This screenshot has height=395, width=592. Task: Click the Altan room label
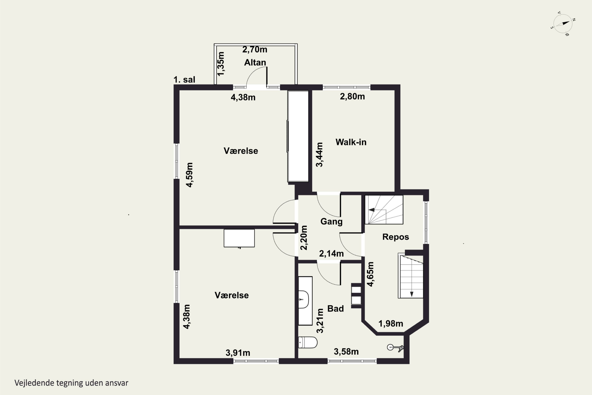point(255,62)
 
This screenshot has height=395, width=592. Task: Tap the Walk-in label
point(351,142)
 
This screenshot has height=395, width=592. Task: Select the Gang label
point(331,222)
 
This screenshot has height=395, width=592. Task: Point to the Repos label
point(395,237)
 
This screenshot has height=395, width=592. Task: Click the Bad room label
point(335,308)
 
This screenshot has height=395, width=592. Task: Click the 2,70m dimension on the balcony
point(255,50)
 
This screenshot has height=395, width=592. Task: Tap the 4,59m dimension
point(189,175)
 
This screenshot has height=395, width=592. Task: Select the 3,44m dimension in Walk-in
point(319,155)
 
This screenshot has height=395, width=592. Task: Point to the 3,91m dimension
point(238,353)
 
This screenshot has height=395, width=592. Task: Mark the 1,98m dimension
point(391,324)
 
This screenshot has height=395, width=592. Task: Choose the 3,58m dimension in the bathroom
point(346,352)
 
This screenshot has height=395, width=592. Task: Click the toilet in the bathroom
point(308,342)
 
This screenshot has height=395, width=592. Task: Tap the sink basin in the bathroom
point(303,300)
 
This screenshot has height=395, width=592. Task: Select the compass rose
point(563,24)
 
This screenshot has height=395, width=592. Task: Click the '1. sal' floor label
point(184,80)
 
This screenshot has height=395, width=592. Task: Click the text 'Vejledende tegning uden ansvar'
point(71,383)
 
